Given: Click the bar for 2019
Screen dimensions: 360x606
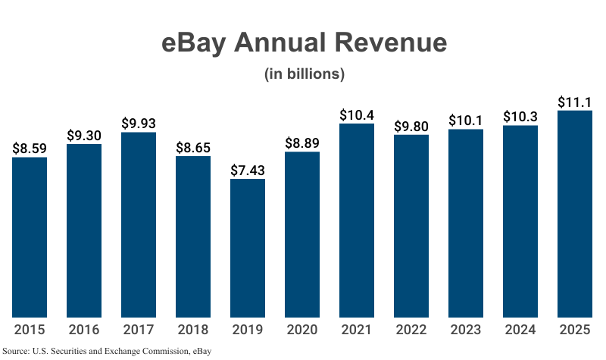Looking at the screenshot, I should coord(248,249).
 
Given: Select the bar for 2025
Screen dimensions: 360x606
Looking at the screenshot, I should coord(575,214).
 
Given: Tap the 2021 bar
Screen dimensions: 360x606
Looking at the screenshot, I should coord(357,221).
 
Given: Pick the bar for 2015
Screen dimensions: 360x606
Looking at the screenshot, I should coord(30,237).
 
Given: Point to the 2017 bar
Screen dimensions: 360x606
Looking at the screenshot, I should coord(139,225).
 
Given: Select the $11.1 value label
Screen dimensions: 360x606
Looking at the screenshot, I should coord(575,101).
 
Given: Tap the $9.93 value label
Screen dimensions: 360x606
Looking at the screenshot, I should coord(139,123).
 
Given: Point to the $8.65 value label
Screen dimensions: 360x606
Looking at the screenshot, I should coord(193,146).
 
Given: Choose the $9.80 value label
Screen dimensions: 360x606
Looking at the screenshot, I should coord(411,125).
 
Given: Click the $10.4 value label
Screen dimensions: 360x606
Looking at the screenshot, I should coord(357,114).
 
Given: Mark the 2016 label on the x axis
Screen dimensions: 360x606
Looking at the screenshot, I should coord(84,330).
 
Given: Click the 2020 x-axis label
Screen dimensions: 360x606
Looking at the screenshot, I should coord(302,330).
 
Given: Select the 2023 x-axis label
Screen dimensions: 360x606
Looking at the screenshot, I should coord(466,330).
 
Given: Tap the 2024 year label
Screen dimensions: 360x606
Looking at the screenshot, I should coord(520,330).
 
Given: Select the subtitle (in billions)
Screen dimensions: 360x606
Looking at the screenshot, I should coord(304,74).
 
